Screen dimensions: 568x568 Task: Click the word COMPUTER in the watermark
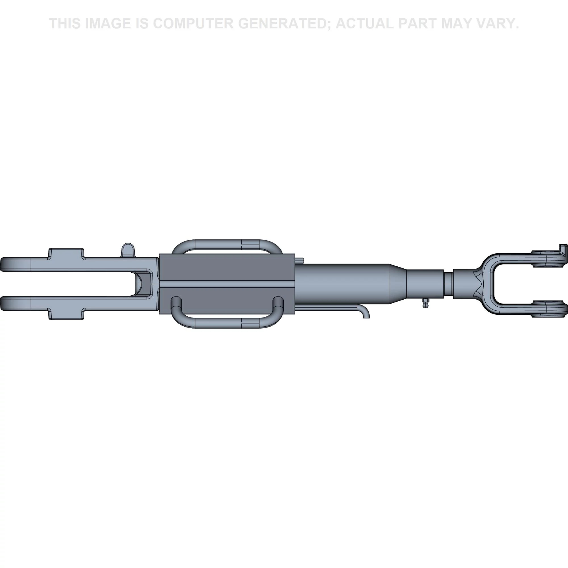tap(193, 24)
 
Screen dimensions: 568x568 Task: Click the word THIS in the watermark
tap(65, 24)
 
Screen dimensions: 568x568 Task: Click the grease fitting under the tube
tap(425, 302)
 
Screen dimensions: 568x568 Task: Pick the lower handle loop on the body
tap(227, 312)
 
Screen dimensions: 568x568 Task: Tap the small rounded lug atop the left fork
tap(128, 250)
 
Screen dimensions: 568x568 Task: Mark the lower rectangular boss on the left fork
tap(66, 314)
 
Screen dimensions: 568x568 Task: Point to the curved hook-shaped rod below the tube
tap(332, 310)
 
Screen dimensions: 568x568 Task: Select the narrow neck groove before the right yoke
tap(448, 284)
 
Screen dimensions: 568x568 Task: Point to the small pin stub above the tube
tap(299, 260)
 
